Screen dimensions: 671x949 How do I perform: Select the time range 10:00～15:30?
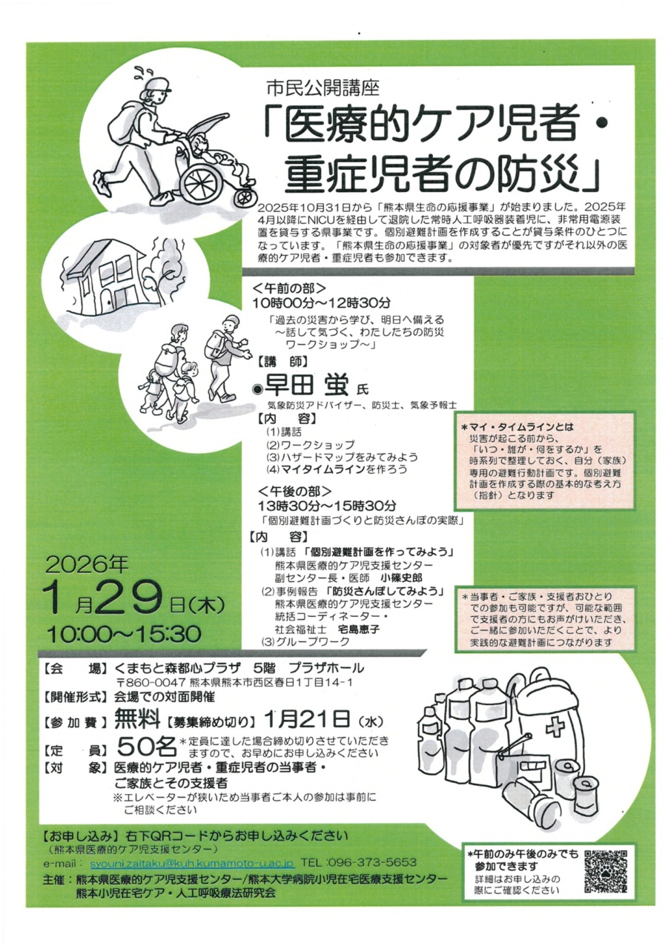[123, 634]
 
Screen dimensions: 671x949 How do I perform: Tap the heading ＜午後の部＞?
[296, 491]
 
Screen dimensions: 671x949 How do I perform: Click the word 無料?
[137, 718]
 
